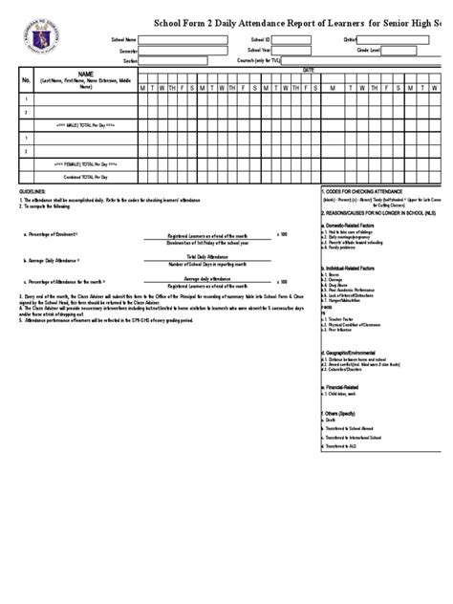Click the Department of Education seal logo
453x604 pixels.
click(x=38, y=32)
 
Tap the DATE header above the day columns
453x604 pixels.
click(x=308, y=70)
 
